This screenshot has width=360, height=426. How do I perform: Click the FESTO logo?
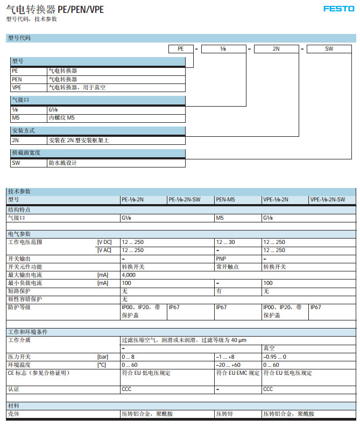click(x=338, y=9)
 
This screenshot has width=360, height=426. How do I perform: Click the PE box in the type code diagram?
click(x=181, y=49)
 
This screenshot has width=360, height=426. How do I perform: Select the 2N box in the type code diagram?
click(x=276, y=49)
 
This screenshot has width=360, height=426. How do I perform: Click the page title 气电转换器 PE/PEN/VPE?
click(x=55, y=9)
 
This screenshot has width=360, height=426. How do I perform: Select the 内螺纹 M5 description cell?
click(x=62, y=117)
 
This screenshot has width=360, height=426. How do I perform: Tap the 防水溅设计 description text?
click(x=63, y=163)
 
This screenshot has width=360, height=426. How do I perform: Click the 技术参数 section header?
click(x=20, y=192)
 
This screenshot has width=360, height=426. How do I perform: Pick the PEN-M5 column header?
click(x=225, y=200)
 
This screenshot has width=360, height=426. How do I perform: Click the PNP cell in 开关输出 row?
click(x=221, y=259)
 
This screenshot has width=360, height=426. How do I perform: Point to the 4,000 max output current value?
click(x=129, y=275)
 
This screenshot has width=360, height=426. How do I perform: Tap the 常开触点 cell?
click(x=227, y=267)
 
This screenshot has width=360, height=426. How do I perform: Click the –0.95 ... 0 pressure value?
click(x=274, y=357)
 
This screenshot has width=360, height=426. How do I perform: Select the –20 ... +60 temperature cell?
click(x=228, y=365)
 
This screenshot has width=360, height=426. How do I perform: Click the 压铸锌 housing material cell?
click(x=225, y=414)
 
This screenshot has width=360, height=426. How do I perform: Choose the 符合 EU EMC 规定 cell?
click(x=237, y=373)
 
